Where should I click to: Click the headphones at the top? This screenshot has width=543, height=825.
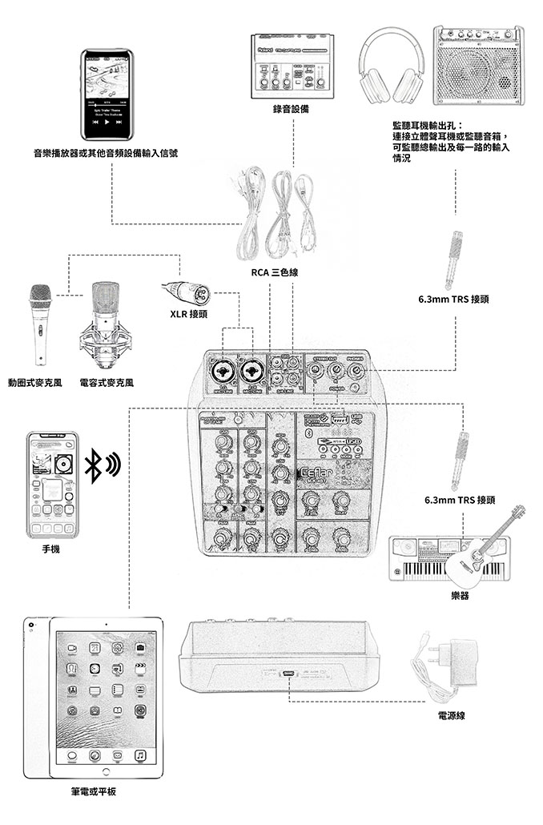(x=392, y=66)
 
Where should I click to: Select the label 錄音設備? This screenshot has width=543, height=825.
(x=291, y=108)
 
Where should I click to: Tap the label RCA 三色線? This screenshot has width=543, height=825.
(x=275, y=274)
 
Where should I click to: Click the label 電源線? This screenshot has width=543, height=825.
(x=451, y=715)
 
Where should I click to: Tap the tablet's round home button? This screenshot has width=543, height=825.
(x=105, y=770)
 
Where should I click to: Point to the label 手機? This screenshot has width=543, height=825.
(x=52, y=550)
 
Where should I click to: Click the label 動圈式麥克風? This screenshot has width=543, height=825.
(x=34, y=383)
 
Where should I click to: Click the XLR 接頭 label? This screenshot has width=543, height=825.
(x=189, y=313)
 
